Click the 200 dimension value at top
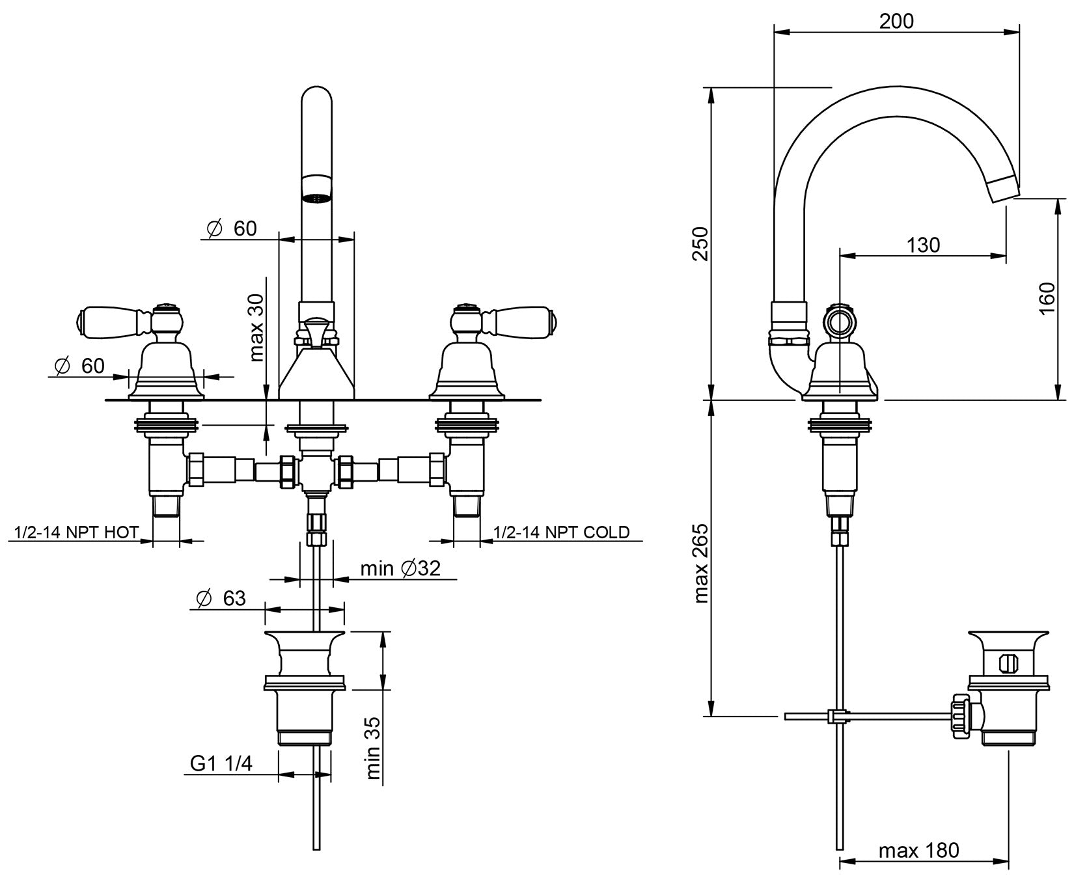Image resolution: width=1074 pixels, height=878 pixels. [896, 21]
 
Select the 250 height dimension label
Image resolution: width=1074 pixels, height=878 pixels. [700, 243]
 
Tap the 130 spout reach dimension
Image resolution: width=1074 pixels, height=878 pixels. [923, 245]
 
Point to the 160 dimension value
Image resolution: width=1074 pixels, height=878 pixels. [1046, 298]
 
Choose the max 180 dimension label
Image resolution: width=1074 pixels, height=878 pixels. [918, 850]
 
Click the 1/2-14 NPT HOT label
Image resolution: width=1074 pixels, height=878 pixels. [76, 532]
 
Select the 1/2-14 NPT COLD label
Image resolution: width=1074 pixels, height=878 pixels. [562, 532]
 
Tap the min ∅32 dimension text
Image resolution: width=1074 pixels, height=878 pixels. [400, 568]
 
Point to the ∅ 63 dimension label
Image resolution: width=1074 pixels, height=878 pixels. [221, 597]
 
